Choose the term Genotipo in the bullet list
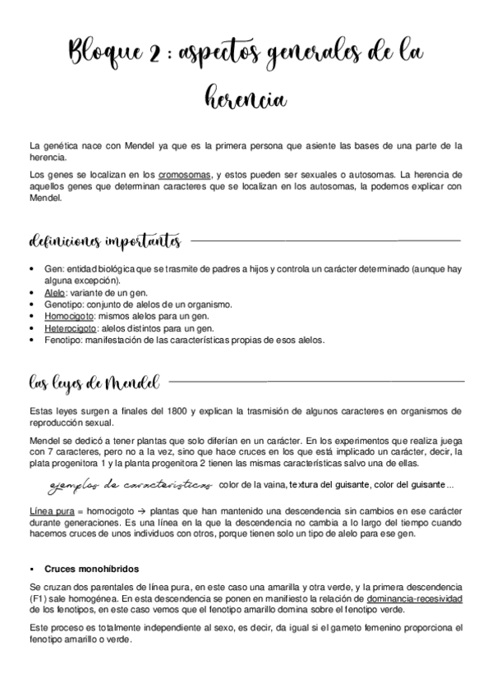[63, 304]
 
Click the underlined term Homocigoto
[69, 315]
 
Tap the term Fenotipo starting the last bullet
[62, 339]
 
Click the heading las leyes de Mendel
[93, 382]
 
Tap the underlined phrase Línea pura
[49, 510]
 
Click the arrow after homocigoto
[141, 510]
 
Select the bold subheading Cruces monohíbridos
[91, 568]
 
